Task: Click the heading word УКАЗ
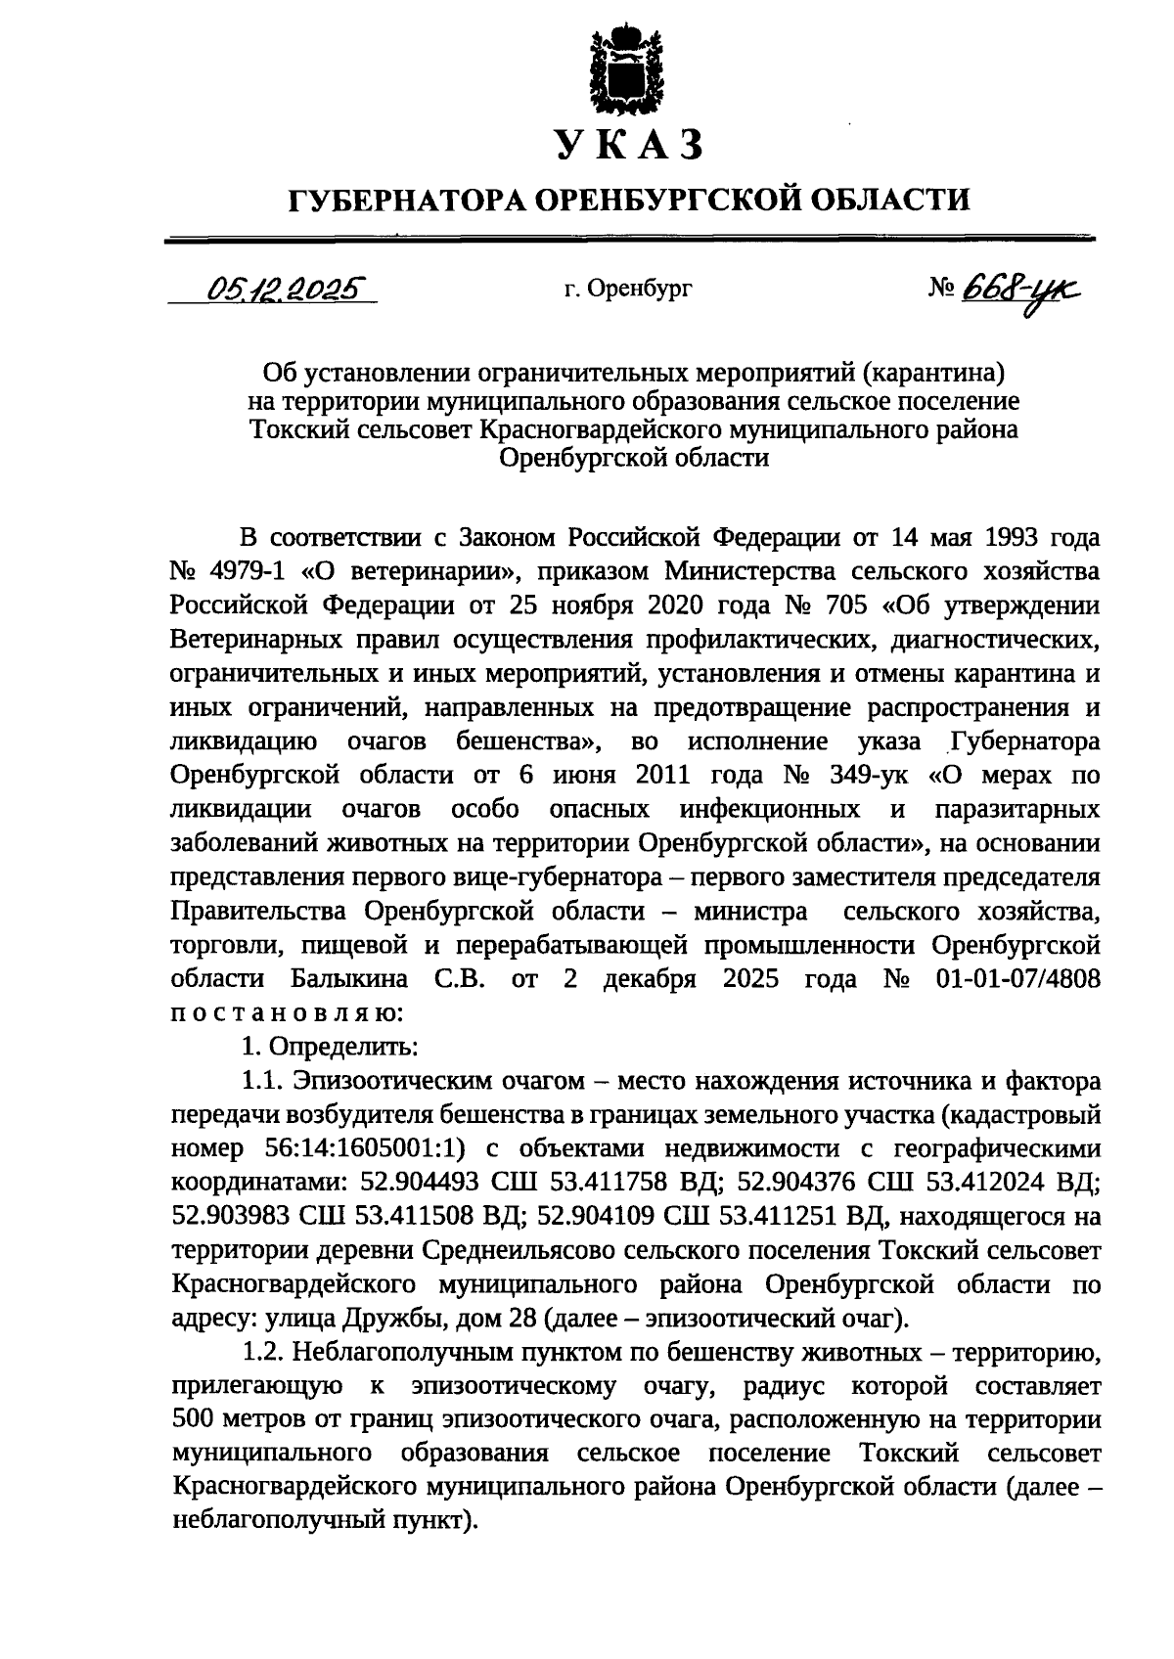629,146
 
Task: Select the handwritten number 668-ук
1022,289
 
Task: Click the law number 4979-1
245,571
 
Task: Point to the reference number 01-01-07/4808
1016,979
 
